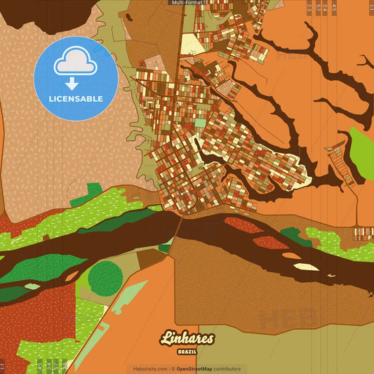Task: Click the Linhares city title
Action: [187, 339]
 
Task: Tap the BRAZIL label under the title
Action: [187, 351]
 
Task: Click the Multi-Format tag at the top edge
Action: [187, 3]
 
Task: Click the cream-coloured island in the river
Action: [305, 267]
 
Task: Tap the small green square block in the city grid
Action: [201, 123]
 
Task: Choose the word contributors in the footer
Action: [227, 368]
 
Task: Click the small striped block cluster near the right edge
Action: [363, 234]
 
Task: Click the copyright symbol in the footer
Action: [173, 368]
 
